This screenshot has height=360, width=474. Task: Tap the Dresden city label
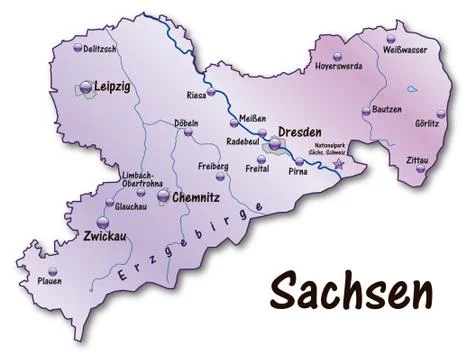coord(299,132)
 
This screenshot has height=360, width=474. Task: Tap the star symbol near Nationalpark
coord(340,162)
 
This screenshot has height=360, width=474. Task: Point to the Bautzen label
coord(385,108)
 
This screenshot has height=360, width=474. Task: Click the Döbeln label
coord(188,123)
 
